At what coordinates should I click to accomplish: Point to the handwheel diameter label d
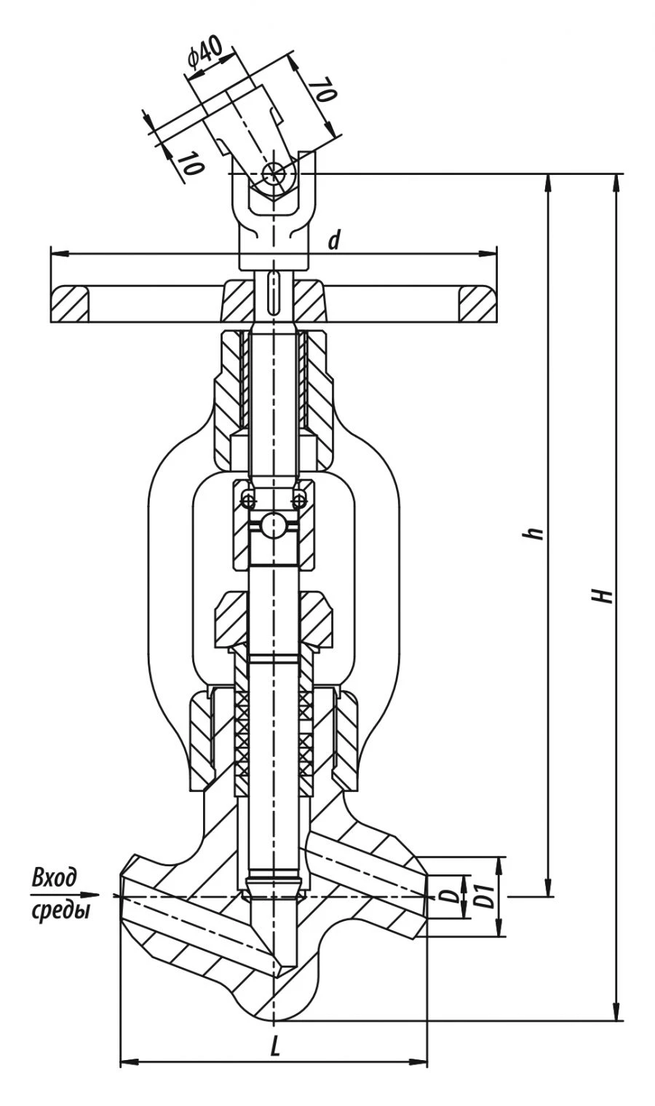pyautogui.click(x=333, y=240)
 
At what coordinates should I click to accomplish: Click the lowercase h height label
pyautogui.click(x=537, y=533)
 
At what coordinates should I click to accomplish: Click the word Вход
pyautogui.click(x=55, y=877)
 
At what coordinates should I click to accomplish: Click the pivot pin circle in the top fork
pyautogui.click(x=274, y=173)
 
